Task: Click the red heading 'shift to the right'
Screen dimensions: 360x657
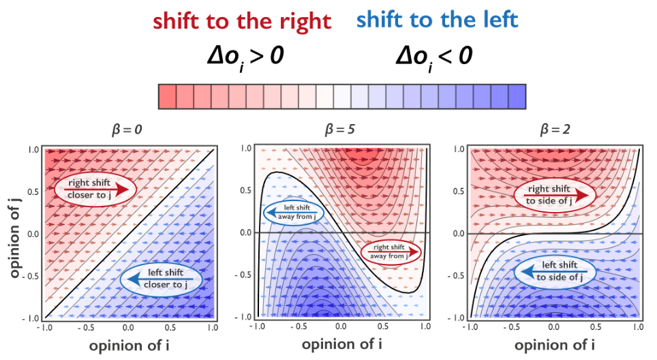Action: coord(242,21)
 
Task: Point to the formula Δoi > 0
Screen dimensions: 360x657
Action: coord(245,55)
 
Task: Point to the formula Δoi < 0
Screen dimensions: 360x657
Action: coord(434,55)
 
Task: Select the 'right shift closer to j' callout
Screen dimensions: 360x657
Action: coord(96,189)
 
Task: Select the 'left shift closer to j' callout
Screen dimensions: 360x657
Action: coord(162,279)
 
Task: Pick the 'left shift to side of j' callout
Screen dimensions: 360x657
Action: coord(553,271)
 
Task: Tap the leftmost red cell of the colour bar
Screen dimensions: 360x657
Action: coord(167,96)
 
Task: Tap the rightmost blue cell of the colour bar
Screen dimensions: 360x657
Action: coord(517,96)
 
